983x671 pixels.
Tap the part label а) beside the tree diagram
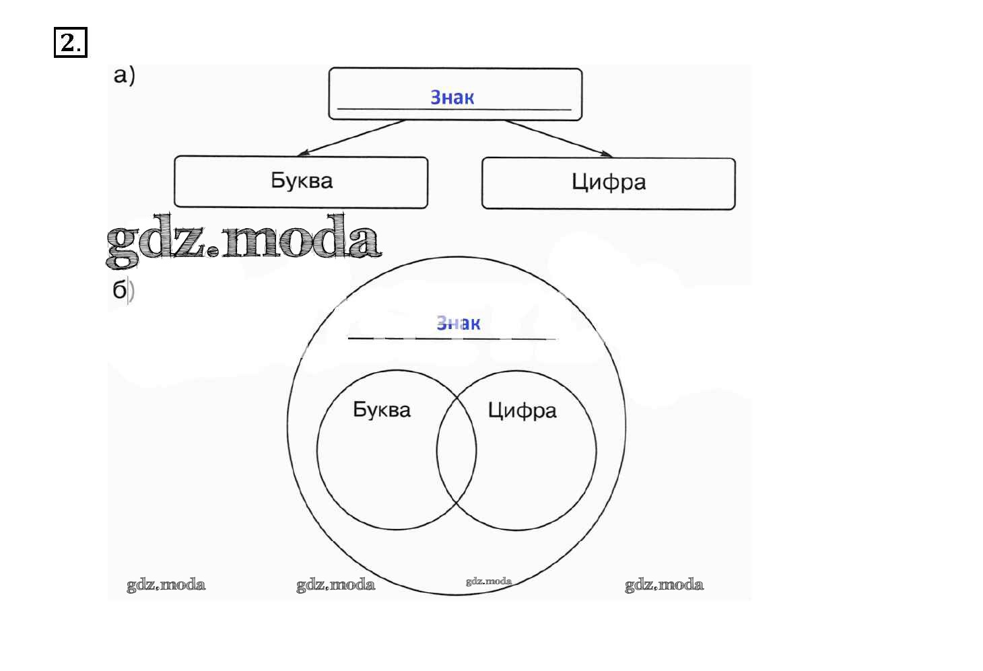tap(124, 75)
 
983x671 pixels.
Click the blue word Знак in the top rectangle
tap(452, 98)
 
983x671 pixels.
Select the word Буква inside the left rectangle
tap(302, 180)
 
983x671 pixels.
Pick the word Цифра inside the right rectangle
tap(609, 182)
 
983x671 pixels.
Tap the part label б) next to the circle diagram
tap(123, 290)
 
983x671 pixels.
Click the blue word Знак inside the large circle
tap(459, 323)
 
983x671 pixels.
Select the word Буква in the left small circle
tap(382, 410)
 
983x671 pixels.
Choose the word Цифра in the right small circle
tap(522, 411)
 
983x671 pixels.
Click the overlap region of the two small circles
tap(456, 450)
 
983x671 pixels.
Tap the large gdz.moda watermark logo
tap(244, 240)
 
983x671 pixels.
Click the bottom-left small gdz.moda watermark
tap(166, 585)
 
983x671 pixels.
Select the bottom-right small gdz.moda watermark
tap(665, 585)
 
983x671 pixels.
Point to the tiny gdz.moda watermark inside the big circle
tap(489, 581)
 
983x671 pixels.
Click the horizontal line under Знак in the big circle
tap(452, 339)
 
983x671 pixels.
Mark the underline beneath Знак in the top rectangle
tap(454, 109)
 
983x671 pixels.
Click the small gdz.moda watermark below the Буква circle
tap(336, 585)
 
